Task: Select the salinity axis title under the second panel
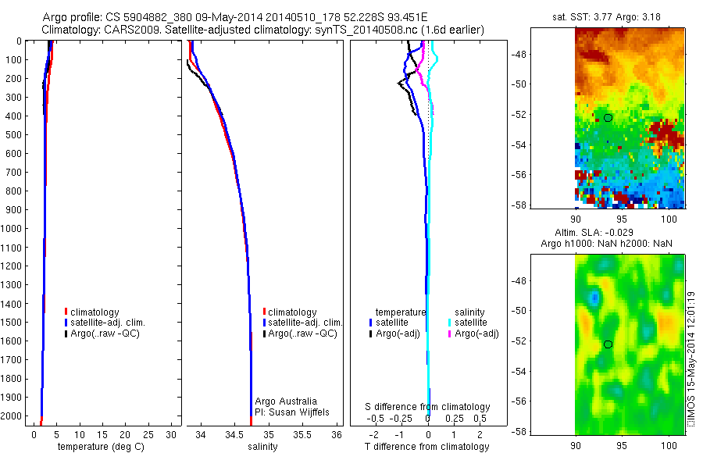(x=262, y=447)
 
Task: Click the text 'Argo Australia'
(x=286, y=401)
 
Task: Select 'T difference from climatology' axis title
(x=428, y=447)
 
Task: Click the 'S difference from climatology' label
(x=428, y=407)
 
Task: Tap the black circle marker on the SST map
(x=608, y=118)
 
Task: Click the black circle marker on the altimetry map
(x=608, y=344)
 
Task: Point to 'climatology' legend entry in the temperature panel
(x=95, y=312)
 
